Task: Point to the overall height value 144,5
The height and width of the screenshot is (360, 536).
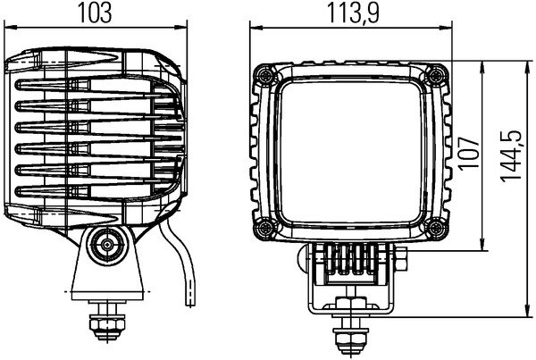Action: [512, 154]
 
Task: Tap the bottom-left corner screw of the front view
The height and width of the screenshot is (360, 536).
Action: [264, 228]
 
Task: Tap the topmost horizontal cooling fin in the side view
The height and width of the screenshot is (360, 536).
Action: [98, 86]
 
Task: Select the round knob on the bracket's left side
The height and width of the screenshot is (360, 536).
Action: [299, 260]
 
